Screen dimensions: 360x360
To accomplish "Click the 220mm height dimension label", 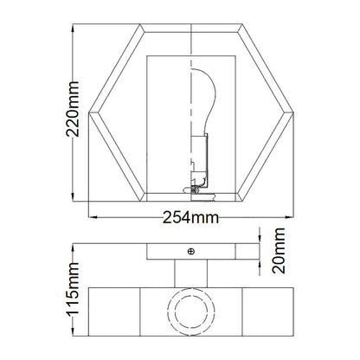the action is (72, 109).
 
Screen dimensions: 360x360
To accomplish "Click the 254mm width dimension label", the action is (190, 217).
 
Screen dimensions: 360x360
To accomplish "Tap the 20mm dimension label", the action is (279, 250).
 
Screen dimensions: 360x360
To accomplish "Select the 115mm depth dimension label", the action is (72, 289).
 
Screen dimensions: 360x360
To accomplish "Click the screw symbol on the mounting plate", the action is (191, 252).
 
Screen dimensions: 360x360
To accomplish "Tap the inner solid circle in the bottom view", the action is (191, 312).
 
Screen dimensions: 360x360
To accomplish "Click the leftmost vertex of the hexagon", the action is (88, 112).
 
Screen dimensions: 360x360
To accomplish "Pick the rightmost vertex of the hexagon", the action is (293, 112).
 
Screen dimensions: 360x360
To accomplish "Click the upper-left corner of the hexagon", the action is (140, 24).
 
